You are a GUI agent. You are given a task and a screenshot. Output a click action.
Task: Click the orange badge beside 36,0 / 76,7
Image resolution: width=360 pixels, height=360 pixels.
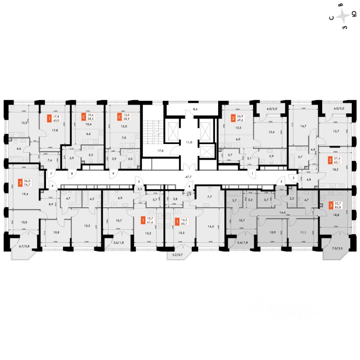pyautogui.click(x=20, y=183)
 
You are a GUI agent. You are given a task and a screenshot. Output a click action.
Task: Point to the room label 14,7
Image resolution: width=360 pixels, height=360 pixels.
pyautogui.click(x=303, y=126)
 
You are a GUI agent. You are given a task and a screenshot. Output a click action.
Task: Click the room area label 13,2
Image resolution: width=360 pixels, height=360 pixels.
pyautogui.click(x=25, y=122)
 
